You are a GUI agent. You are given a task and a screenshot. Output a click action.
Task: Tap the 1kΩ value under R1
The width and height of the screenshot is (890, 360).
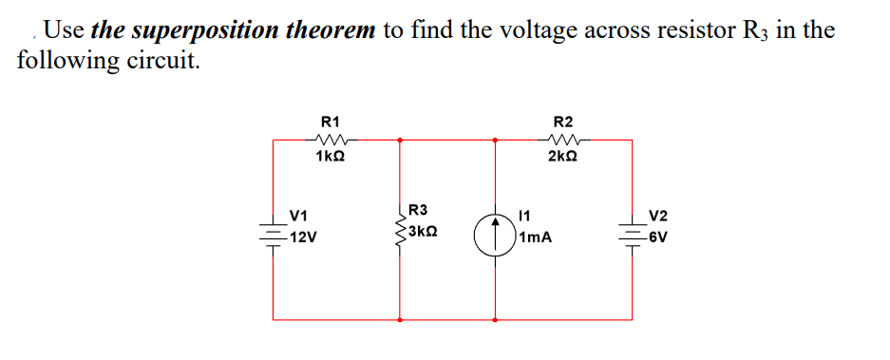[331, 156]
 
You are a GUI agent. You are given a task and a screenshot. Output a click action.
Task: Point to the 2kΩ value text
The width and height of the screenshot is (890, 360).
[562, 156]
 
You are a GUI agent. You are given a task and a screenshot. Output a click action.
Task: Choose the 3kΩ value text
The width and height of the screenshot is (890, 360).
[421, 231]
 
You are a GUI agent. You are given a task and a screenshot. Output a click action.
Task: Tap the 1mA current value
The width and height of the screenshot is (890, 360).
[537, 238]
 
